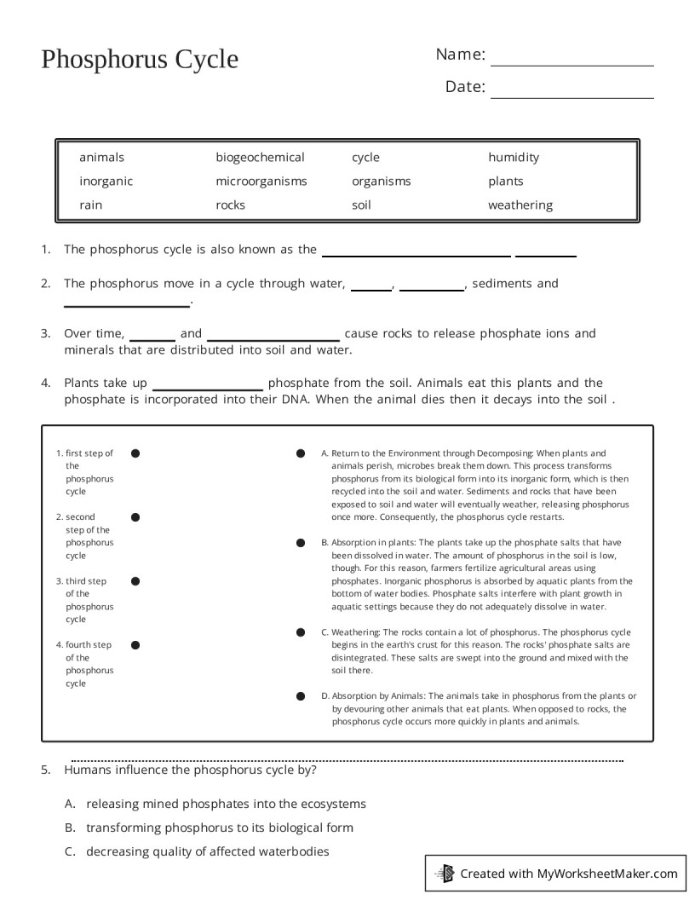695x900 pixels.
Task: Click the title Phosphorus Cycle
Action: point(140,60)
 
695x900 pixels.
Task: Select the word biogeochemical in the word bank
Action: point(260,158)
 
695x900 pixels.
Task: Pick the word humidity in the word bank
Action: point(514,158)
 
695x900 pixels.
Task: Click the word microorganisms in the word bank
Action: point(261,182)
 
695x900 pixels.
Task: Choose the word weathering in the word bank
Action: point(520,205)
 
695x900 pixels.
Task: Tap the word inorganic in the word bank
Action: point(106,182)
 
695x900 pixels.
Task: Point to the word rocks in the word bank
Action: point(230,205)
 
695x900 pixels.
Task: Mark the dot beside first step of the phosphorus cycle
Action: point(135,453)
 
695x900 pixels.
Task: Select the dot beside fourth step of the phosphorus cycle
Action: point(135,645)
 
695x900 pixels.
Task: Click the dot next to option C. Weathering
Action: point(301,632)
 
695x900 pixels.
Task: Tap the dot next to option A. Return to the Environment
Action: point(301,453)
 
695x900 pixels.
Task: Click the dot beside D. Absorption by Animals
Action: point(301,696)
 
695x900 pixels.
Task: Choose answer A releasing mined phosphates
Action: point(226,804)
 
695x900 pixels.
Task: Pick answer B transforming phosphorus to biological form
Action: point(219,828)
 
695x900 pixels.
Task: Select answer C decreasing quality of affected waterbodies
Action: point(207,851)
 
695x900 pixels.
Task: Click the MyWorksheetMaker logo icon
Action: point(445,873)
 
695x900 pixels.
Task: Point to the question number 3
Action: point(45,334)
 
